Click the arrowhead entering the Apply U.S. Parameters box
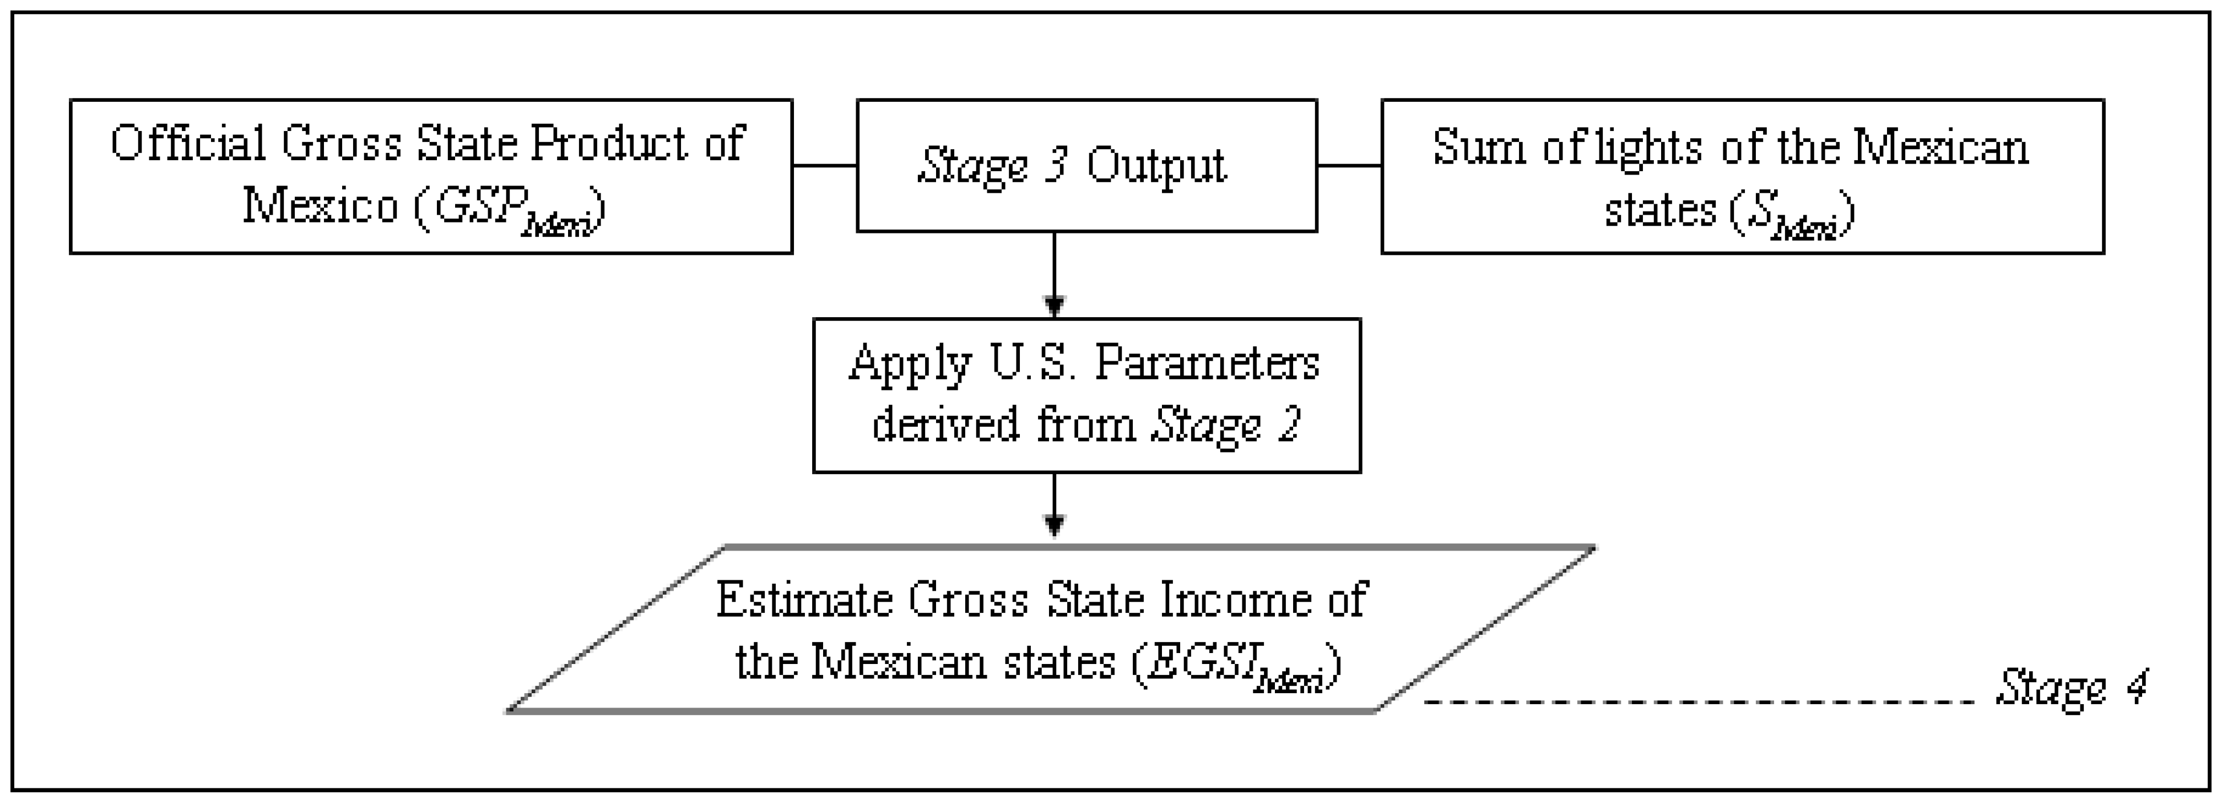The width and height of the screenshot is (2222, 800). pyautogui.click(x=1054, y=306)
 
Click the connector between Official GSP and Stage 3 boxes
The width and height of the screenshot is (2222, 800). pyautogui.click(x=824, y=166)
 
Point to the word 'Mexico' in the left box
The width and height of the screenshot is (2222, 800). pyautogui.click(x=319, y=207)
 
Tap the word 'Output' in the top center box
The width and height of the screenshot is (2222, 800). pyautogui.click(x=1156, y=166)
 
